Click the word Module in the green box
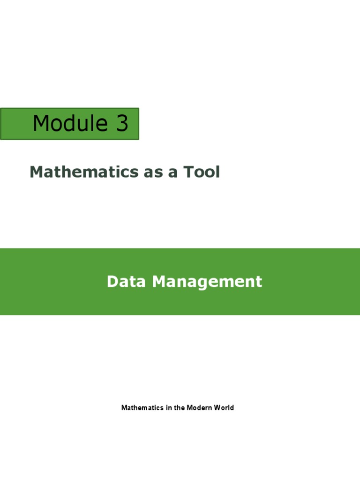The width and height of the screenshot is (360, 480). coord(70,124)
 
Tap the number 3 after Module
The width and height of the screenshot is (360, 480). coord(122,124)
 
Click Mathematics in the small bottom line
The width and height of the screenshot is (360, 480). coord(142,408)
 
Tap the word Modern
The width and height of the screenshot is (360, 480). coord(199,408)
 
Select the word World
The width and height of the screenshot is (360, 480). coord(223,408)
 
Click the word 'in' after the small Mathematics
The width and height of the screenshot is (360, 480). coord(168,408)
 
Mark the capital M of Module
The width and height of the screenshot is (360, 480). coord(40,124)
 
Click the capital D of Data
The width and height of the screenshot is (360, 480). coord(112,282)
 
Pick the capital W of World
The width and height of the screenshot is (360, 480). coord(216,408)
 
